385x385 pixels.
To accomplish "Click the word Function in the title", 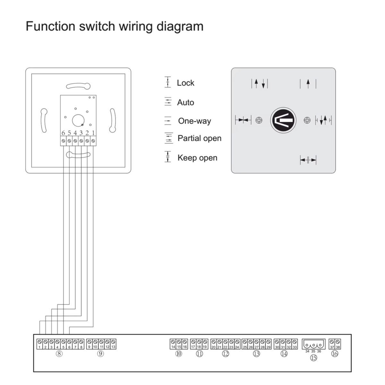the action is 51,26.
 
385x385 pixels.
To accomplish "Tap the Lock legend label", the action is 185,83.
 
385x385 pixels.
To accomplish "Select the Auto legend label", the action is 185,102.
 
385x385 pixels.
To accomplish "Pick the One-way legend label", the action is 194,121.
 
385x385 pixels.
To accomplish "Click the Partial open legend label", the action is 199,138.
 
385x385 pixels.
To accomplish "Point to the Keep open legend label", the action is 197,158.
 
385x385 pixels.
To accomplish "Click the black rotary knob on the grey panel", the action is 283,120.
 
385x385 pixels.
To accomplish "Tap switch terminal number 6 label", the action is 63,133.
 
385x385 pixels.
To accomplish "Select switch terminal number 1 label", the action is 93,133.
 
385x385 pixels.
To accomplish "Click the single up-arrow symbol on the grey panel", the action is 308,83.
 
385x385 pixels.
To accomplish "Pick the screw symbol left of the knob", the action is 259,120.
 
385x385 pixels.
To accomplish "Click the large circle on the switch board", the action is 78,121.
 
